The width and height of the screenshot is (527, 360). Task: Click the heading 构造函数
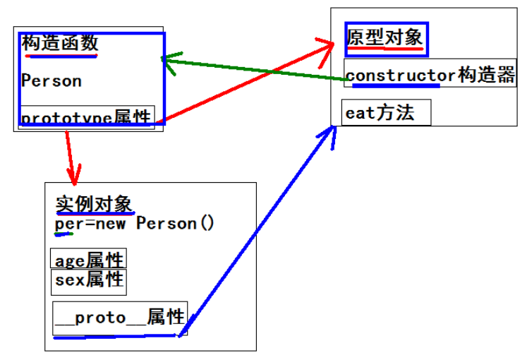[x=59, y=43]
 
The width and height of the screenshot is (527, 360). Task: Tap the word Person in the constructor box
[x=52, y=80]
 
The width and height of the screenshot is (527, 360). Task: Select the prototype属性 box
[x=87, y=117]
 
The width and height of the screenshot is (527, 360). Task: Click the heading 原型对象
[x=385, y=37]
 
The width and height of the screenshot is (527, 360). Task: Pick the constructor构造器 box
[x=430, y=74]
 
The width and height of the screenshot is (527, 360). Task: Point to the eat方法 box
[x=385, y=113]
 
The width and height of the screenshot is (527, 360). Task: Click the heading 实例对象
[x=94, y=205]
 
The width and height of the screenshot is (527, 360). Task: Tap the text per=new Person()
[x=134, y=224]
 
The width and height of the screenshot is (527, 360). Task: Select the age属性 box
[x=89, y=260]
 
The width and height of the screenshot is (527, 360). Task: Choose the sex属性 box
[x=89, y=280]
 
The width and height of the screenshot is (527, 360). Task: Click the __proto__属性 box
[x=119, y=317]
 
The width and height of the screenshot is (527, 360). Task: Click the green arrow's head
[x=166, y=59]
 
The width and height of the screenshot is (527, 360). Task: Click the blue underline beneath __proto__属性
[x=116, y=336]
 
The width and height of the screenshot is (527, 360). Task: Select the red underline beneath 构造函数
[x=59, y=56]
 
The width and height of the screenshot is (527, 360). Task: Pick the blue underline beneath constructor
[x=395, y=86]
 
